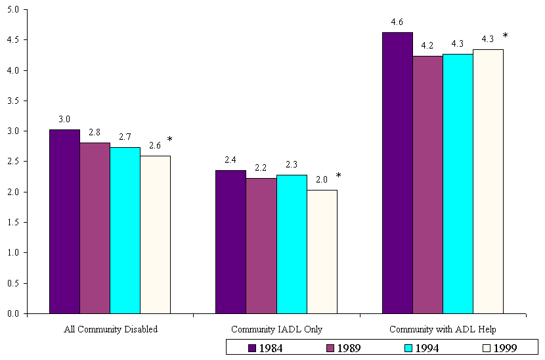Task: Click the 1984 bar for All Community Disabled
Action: [64, 221]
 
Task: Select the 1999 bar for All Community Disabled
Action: [155, 235]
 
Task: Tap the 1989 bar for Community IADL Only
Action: [261, 246]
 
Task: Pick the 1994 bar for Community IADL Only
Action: [292, 244]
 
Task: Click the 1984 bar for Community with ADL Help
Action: [397, 173]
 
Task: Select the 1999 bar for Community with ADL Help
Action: [488, 181]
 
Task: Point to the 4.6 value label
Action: [397, 22]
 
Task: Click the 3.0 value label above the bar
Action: [64, 120]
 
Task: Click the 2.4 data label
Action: [230, 160]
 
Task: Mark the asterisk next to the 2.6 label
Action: [169, 140]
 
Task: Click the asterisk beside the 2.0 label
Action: [338, 176]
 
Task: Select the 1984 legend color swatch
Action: [251, 348]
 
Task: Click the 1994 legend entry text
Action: [426, 348]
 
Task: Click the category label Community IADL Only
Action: [276, 329]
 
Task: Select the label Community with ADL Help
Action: [443, 329]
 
